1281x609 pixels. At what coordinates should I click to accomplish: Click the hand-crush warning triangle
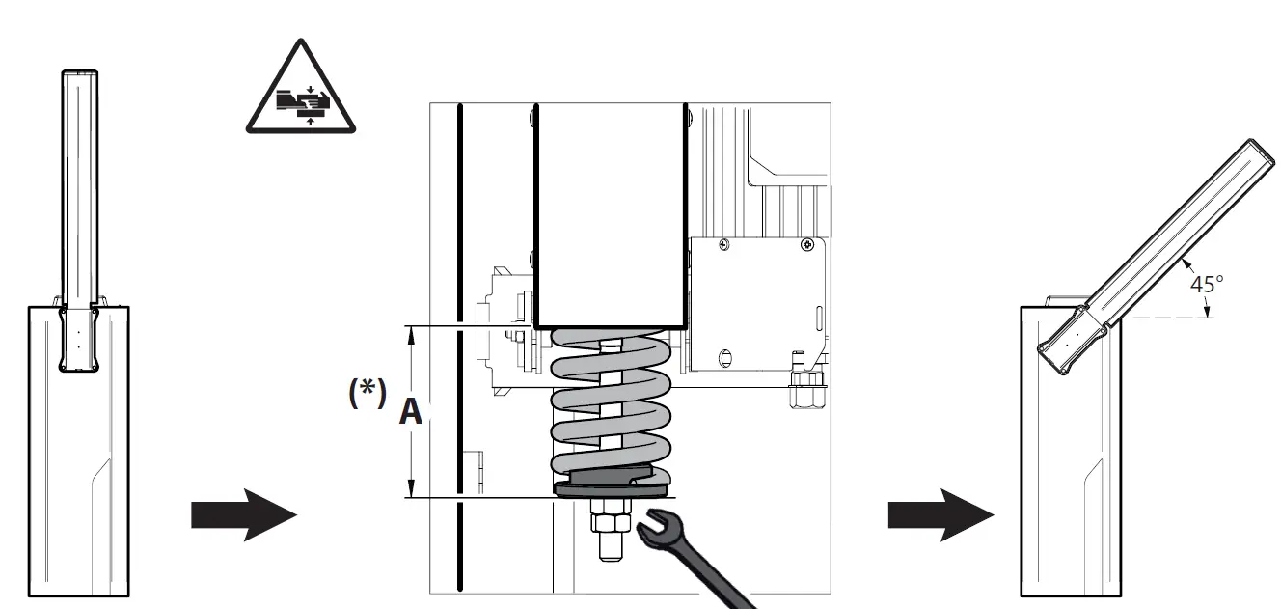tap(299, 92)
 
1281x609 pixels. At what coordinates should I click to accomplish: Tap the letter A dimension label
tap(411, 412)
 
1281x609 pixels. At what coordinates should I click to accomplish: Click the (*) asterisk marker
tap(367, 395)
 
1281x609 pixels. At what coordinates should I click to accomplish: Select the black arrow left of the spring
tap(242, 515)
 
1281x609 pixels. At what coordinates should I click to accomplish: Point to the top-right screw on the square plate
tap(807, 246)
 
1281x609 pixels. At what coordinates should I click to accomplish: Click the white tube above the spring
tap(611, 212)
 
